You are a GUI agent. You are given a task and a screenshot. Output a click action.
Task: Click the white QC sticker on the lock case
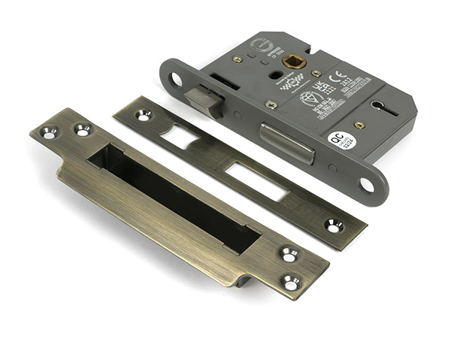coord(341,141)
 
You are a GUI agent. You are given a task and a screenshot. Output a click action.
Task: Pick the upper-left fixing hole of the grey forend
coord(176,79)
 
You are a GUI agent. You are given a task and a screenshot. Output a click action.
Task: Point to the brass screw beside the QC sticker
coord(360,125)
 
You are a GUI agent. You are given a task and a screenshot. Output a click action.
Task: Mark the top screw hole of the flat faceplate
coord(142,115)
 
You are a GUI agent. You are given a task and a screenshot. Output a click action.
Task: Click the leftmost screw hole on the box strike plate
coord(49,134)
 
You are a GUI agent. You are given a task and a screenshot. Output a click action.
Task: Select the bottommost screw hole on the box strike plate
coord(291,283)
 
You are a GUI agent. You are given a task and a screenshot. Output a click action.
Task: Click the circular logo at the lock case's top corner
coord(259,44)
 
